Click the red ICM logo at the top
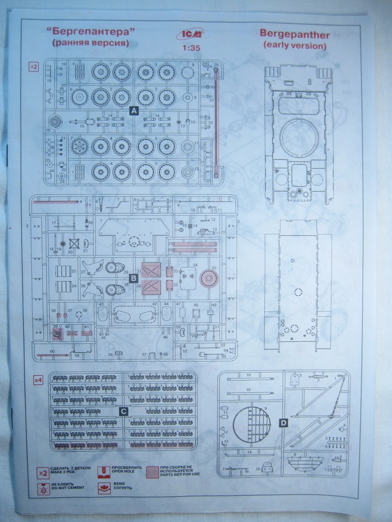(189, 34)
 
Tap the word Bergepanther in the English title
(295, 34)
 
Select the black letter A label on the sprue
(134, 111)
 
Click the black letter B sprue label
(133, 278)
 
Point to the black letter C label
(122, 411)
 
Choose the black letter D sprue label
(284, 422)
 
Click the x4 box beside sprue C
(38, 380)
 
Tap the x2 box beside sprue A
(34, 67)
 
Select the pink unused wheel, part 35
(208, 278)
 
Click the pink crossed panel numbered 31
(151, 270)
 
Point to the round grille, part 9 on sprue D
(252, 424)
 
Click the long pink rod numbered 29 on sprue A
(216, 122)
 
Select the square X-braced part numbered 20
(73, 244)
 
